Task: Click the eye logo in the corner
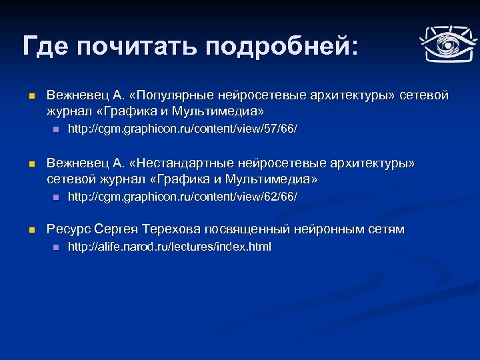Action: [x=445, y=45]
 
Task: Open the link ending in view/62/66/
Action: [x=183, y=197]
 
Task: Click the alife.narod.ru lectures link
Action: [x=170, y=247]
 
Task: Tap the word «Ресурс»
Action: [x=68, y=230]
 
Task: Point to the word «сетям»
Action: [x=386, y=230]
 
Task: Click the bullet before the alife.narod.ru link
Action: [x=55, y=247]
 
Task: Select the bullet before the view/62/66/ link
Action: [x=55, y=197]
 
